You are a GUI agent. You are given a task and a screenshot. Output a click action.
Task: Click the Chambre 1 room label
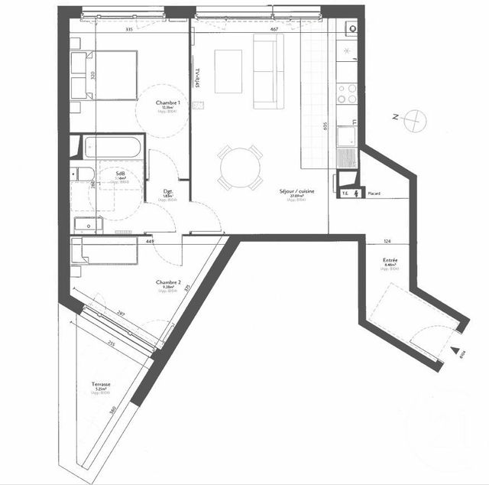tap(167, 103)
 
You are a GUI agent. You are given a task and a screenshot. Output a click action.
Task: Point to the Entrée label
tap(390, 261)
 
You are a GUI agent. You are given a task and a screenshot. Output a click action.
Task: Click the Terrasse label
tap(102, 385)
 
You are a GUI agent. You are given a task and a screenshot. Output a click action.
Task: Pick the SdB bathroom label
tap(121, 174)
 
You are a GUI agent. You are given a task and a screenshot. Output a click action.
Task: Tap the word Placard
tap(374, 194)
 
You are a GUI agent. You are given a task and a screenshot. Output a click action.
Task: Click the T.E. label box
tap(345, 194)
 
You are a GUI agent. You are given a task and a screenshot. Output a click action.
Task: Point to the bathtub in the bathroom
tap(112, 146)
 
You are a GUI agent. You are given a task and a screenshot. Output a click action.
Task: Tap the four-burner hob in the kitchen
tap(348, 93)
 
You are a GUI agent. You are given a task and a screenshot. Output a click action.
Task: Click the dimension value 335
tap(129, 29)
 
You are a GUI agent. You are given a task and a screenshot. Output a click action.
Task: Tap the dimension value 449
tap(151, 242)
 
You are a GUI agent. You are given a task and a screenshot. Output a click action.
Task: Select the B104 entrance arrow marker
tap(458, 353)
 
